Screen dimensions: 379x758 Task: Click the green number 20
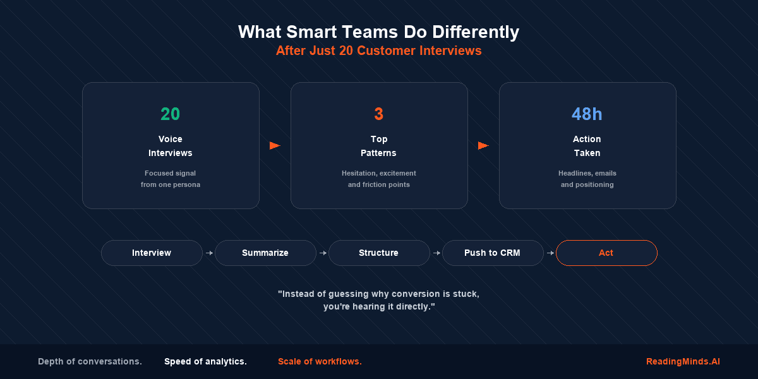point(170,114)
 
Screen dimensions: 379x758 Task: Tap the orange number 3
point(378,114)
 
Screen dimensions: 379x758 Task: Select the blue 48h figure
point(587,114)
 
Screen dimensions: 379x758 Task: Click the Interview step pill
point(152,253)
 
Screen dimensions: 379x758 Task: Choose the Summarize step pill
point(265,253)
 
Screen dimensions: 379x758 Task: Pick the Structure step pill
point(378,253)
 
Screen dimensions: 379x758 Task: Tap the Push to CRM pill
point(492,253)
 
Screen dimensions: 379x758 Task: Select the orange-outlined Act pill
point(606,253)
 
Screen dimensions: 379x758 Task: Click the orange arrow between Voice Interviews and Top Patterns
point(275,146)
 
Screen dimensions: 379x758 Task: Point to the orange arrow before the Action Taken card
point(483,146)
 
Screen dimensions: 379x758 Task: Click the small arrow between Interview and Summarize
point(209,253)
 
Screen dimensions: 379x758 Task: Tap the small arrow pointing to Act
point(550,253)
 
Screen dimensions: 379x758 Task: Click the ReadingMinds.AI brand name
point(683,362)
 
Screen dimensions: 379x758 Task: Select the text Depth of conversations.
point(90,362)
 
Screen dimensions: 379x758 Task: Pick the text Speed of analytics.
point(205,362)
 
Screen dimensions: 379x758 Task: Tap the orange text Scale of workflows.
point(320,362)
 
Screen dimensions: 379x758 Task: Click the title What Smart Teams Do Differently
point(378,32)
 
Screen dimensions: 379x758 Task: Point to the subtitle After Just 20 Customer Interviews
point(378,51)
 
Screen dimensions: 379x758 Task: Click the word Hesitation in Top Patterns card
point(358,173)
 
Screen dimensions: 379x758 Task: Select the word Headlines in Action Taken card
point(574,173)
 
